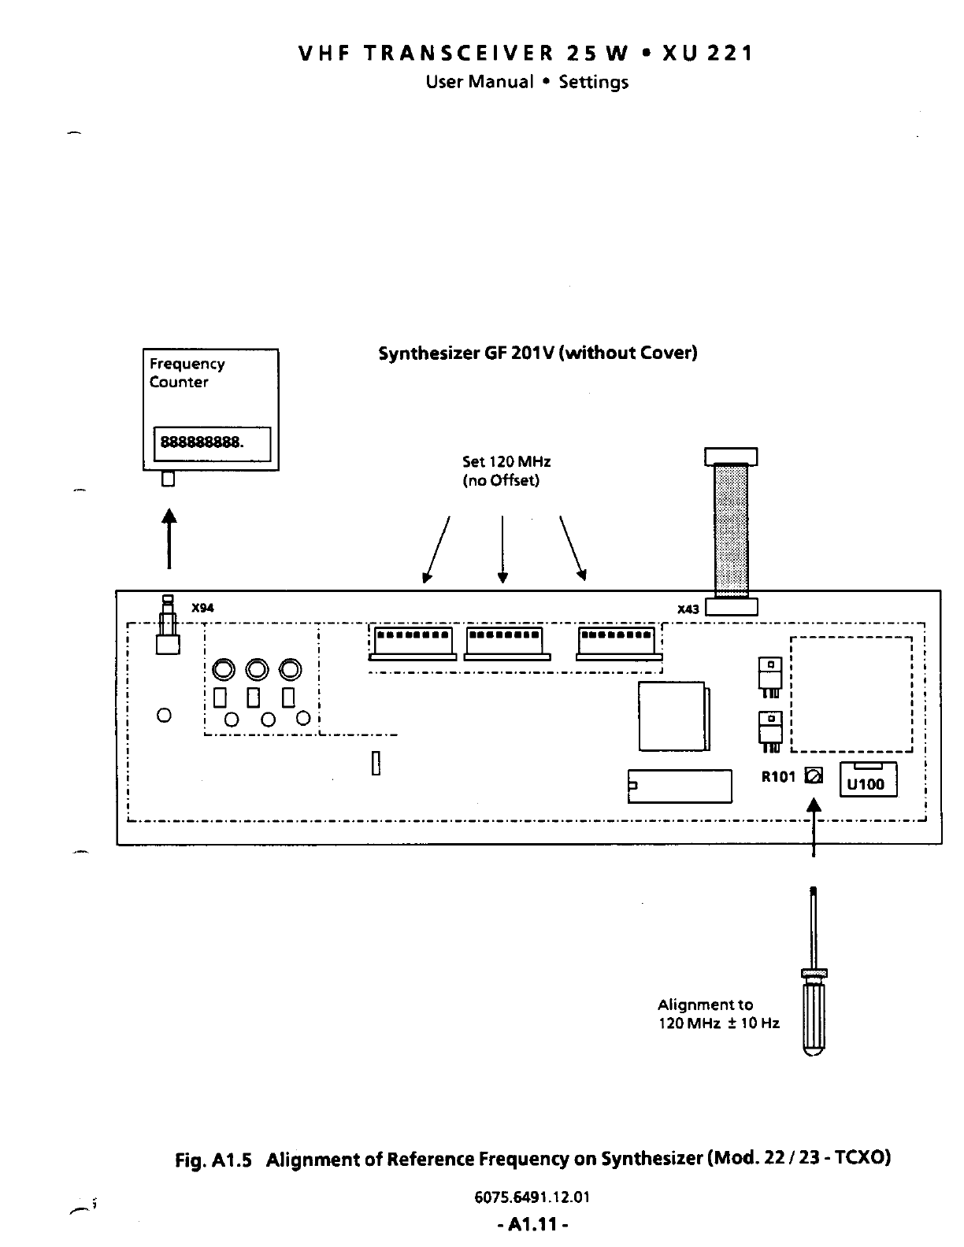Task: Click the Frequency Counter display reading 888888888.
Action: coord(211,443)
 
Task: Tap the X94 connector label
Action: coord(203,608)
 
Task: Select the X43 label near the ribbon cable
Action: coord(688,609)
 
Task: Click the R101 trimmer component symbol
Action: coord(814,776)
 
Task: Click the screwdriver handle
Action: coord(814,1016)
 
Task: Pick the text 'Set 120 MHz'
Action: coord(506,461)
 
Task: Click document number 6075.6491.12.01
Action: coord(532,1197)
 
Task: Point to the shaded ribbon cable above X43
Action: coord(731,531)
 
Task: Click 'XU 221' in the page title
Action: coord(708,54)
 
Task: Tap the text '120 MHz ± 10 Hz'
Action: coord(718,1023)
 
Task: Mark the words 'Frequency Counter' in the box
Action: coord(187,372)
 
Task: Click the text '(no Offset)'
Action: coord(500,480)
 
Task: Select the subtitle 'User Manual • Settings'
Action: coord(527,82)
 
